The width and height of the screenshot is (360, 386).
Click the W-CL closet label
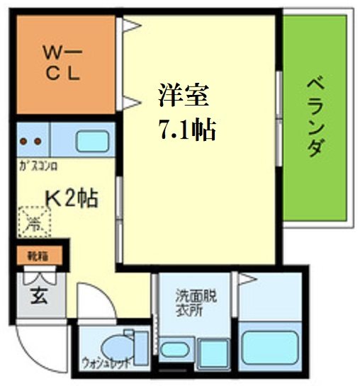[x=62, y=62]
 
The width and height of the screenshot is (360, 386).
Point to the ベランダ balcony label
[x=316, y=118]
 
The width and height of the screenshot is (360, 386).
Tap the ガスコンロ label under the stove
[x=38, y=168]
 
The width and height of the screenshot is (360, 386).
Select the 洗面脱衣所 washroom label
[x=194, y=304]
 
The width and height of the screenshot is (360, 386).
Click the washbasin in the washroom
[x=172, y=349]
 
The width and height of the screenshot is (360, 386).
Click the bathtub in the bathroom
[x=271, y=347]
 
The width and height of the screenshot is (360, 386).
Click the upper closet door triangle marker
[x=130, y=28]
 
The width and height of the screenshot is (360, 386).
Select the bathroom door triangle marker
[x=246, y=279]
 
